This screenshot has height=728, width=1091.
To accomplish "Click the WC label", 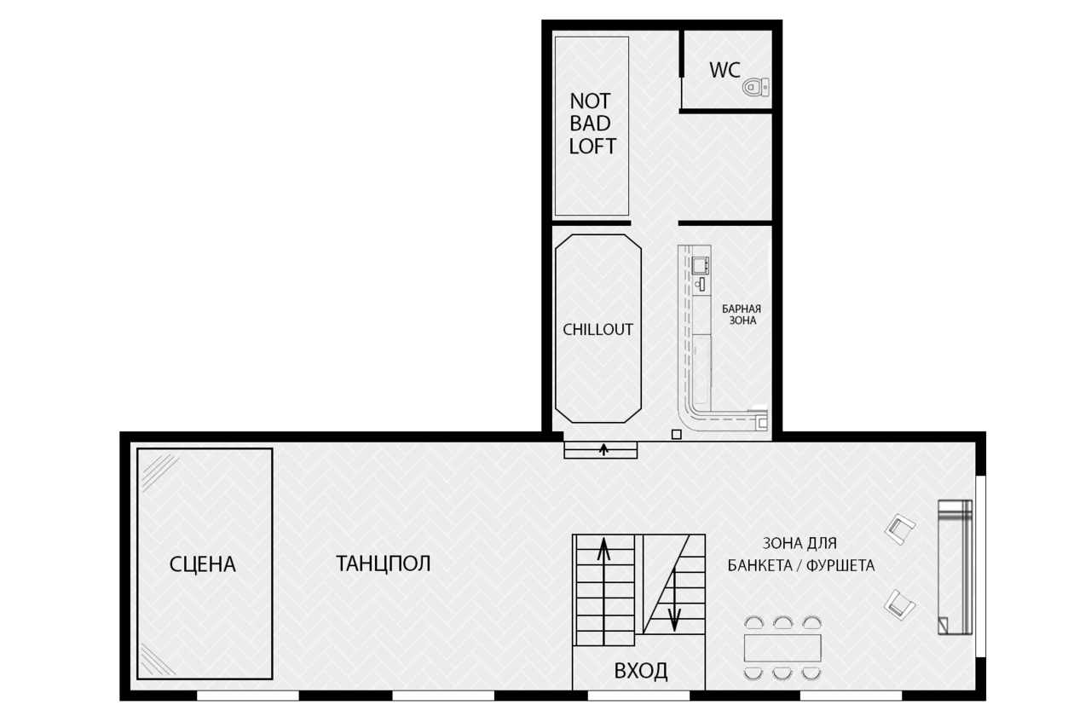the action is pyautogui.click(x=724, y=70).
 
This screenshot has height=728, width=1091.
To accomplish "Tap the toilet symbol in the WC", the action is pyautogui.click(x=756, y=87).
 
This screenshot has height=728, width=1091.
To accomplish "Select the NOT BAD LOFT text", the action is pyautogui.click(x=592, y=124).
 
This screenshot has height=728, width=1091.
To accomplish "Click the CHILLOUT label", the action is pyautogui.click(x=597, y=329).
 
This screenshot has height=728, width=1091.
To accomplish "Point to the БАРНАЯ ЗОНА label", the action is pyautogui.click(x=742, y=315).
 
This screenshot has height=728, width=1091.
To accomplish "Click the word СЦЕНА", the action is pyautogui.click(x=203, y=564).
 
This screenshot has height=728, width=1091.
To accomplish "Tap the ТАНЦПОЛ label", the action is pyautogui.click(x=384, y=563).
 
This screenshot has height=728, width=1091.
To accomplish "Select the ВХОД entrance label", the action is pyautogui.click(x=640, y=671).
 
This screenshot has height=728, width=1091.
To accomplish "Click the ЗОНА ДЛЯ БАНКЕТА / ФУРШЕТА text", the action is pyautogui.click(x=801, y=554).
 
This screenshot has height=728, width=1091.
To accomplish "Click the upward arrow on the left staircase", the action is pyautogui.click(x=604, y=591).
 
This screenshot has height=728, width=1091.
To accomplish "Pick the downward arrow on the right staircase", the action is pyautogui.click(x=674, y=601).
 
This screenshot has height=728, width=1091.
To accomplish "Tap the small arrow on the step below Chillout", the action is pyautogui.click(x=604, y=449).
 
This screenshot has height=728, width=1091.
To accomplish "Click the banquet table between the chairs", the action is pyautogui.click(x=782, y=648).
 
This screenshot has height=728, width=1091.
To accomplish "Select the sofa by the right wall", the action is pyautogui.click(x=955, y=567).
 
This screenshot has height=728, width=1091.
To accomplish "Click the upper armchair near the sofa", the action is pyautogui.click(x=900, y=529).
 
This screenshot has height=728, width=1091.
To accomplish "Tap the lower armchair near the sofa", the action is pyautogui.click(x=899, y=604).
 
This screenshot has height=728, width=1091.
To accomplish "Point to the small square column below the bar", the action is pyautogui.click(x=677, y=434).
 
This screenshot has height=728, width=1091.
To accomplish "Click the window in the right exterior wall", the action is pyautogui.click(x=981, y=566).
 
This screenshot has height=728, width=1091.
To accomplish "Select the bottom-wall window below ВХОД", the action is pyautogui.click(x=639, y=696).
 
